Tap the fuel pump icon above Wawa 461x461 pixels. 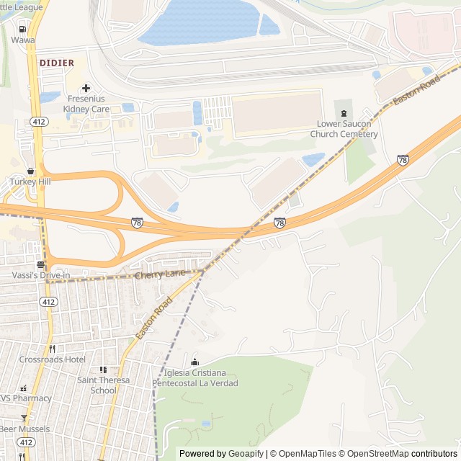point(23,29)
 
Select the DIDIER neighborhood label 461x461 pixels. point(57,63)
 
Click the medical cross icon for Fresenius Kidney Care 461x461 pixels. point(86,88)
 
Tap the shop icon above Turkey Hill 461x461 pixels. point(30,171)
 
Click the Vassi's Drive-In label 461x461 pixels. point(40,276)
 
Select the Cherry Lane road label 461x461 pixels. point(159,274)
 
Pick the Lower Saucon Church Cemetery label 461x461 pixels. point(344,129)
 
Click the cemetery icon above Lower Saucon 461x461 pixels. point(344,112)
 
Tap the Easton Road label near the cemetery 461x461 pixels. point(416,91)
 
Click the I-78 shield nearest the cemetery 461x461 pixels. point(403,159)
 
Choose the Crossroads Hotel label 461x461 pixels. point(52,359)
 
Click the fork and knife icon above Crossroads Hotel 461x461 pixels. point(52,349)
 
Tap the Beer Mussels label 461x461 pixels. point(24,429)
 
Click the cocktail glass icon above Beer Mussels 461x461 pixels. point(24,418)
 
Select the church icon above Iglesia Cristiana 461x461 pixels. point(194,362)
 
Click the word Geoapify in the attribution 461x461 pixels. point(246,454)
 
